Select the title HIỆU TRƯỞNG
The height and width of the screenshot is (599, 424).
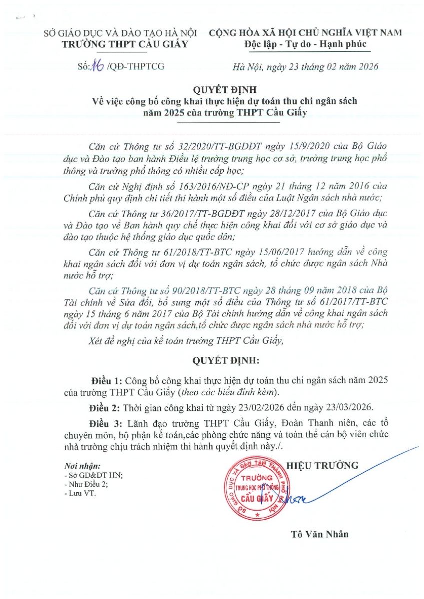tap(329, 465)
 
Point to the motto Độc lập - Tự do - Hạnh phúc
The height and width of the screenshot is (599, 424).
tap(305, 44)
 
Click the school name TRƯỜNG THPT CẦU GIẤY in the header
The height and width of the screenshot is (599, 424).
tap(124, 44)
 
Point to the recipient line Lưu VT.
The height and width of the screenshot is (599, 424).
tap(82, 493)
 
